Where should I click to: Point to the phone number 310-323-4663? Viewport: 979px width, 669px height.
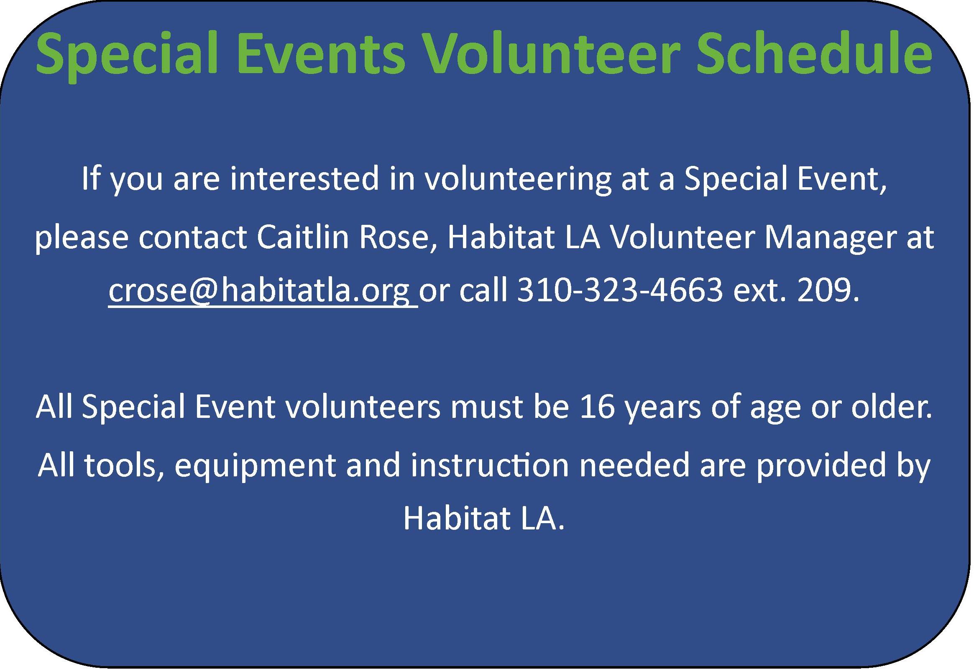pos(620,290)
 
